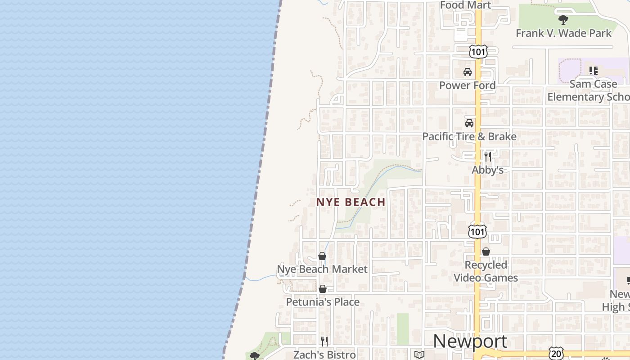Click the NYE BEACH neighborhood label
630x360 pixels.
[x=351, y=202]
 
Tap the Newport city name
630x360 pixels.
[x=470, y=341]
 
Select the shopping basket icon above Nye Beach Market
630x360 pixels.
[x=322, y=256]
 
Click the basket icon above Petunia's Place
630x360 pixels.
[x=323, y=289]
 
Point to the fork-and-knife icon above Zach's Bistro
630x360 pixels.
[x=324, y=341]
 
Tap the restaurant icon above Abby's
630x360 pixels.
[x=488, y=157]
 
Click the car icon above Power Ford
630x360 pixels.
[x=468, y=72]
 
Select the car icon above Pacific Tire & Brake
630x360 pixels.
[x=469, y=123]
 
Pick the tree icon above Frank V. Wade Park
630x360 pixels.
[x=563, y=20]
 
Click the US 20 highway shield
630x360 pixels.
[x=556, y=353]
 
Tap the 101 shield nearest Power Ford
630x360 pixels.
[x=478, y=52]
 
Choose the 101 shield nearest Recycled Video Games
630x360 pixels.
[x=477, y=232]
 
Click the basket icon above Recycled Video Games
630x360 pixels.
[x=486, y=252]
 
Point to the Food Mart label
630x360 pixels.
[x=465, y=4]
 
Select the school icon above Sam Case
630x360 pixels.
[x=593, y=71]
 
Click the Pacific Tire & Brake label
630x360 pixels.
[x=469, y=136]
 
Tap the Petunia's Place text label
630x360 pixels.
[x=323, y=301]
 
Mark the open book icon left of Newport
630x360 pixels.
[x=419, y=355]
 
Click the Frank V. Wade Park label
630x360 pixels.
[x=563, y=33]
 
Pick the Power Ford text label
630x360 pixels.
[x=468, y=85]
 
